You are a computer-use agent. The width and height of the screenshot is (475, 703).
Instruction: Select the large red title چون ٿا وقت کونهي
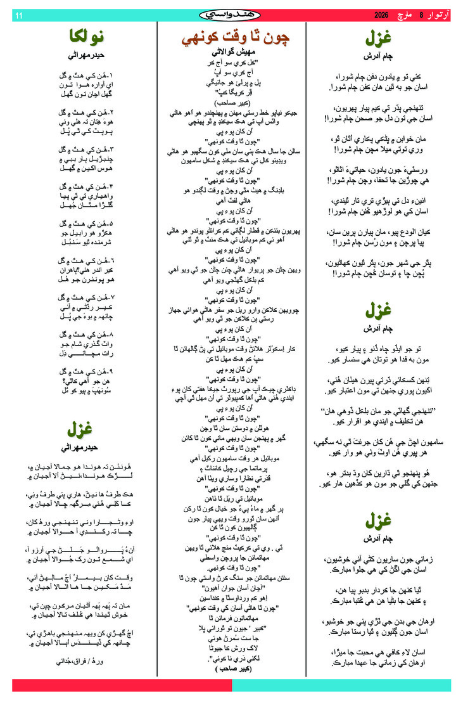click(x=236, y=37)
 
